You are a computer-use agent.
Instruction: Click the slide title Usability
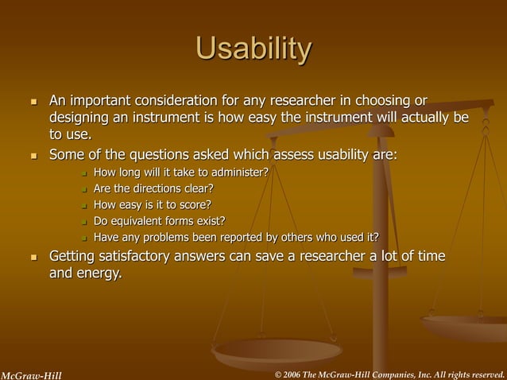[x=253, y=49]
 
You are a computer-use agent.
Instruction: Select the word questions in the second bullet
[x=157, y=153]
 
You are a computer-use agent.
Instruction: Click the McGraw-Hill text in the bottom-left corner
[x=31, y=374]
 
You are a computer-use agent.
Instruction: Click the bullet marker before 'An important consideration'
[x=33, y=102]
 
